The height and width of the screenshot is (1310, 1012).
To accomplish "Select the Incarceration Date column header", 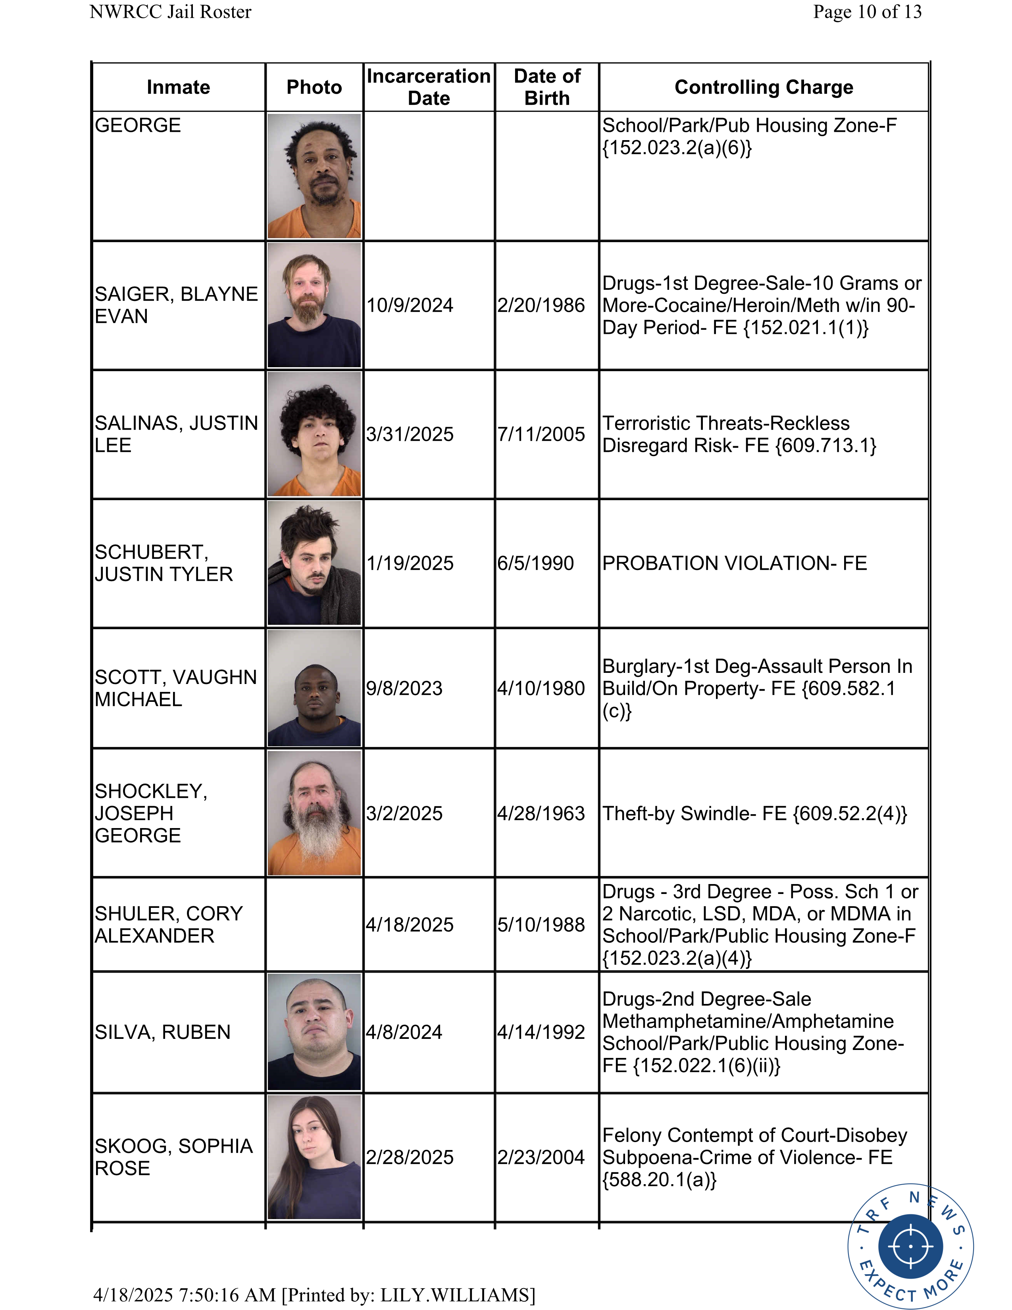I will point(429,87).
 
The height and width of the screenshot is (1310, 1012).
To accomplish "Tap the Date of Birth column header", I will point(547,87).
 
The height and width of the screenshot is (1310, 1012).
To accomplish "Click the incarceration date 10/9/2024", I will point(410,305).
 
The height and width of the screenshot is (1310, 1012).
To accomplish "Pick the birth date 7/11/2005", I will point(541,434).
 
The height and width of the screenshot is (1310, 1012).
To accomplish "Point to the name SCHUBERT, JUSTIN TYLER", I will point(164,563).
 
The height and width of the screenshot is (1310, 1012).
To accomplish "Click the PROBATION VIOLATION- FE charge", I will point(735,563).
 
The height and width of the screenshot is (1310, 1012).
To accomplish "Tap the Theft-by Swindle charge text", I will point(754,813).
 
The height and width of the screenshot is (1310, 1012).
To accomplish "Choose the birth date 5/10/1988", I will point(541,924).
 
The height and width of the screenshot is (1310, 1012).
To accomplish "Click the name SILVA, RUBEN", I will point(162,1032).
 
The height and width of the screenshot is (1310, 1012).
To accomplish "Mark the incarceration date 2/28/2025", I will point(410,1157).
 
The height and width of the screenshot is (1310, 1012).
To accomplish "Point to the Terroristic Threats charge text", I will point(739,434).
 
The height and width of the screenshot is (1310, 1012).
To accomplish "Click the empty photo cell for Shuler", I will point(314,924).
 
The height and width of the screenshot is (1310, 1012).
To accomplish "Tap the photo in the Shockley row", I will point(314,813).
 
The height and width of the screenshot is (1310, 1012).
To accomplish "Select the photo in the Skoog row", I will point(314,1157).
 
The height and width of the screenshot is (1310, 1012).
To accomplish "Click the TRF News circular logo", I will point(910,1246).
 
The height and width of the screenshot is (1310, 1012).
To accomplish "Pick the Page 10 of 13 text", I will point(867,12).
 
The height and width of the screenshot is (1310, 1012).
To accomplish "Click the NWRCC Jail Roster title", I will point(170,12).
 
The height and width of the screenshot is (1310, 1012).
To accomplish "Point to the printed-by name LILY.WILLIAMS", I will point(454,1295).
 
